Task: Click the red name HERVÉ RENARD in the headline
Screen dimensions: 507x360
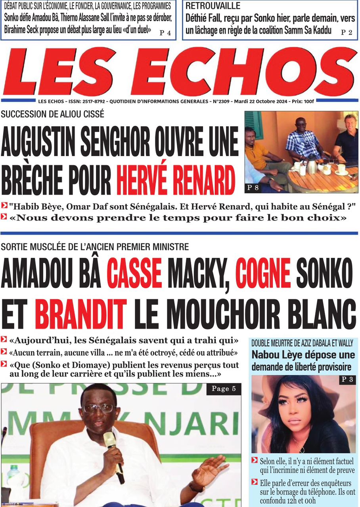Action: (x=176, y=180)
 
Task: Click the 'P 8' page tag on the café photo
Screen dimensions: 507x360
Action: (x=253, y=188)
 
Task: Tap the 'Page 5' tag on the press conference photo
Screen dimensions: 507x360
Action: (x=224, y=389)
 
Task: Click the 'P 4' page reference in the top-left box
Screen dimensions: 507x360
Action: (x=165, y=33)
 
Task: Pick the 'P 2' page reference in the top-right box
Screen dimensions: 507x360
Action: (x=347, y=32)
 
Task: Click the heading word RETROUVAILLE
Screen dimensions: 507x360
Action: (x=213, y=6)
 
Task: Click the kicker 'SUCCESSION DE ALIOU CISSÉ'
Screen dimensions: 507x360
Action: (x=53, y=114)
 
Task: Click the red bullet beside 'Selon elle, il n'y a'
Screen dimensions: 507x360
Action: (x=255, y=460)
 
